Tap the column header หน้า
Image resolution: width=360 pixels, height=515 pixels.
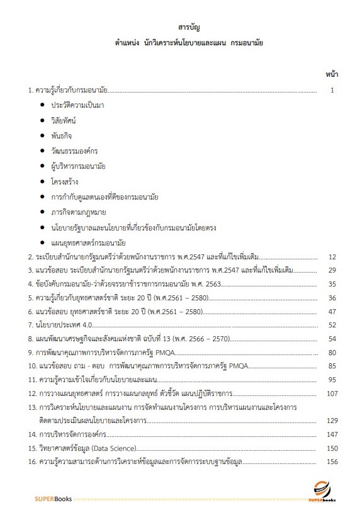tap(332, 74)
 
